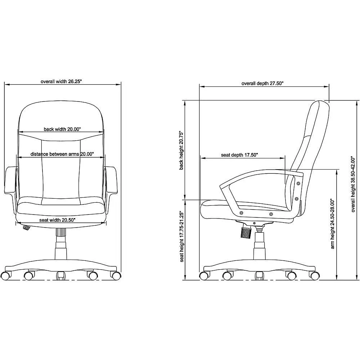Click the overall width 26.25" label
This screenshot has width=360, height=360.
(x=61, y=81)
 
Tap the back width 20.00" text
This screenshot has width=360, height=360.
(x=62, y=129)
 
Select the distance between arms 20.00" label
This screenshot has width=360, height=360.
(x=62, y=154)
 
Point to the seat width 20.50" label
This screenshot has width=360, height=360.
(x=57, y=220)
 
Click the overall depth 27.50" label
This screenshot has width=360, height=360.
(x=262, y=84)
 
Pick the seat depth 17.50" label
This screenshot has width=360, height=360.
(x=239, y=155)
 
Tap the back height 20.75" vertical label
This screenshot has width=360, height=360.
(x=181, y=150)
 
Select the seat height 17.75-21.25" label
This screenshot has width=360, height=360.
(x=182, y=237)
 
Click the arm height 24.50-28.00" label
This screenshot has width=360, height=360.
(x=332, y=224)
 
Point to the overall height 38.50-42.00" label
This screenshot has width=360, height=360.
(x=353, y=184)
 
